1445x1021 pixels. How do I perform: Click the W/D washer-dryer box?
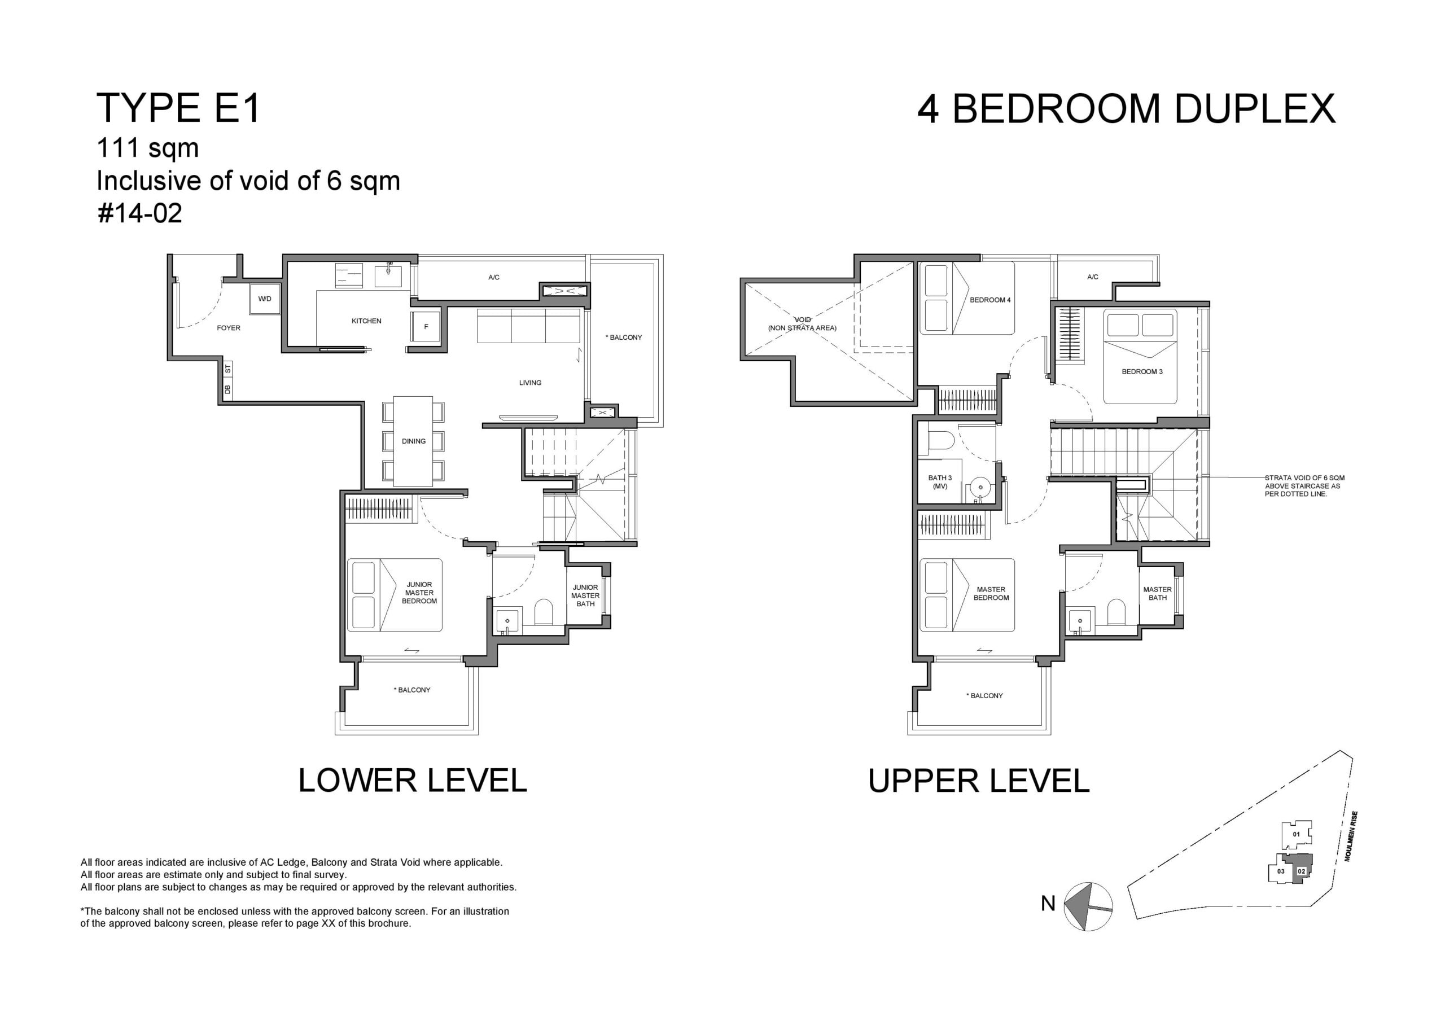click(264, 299)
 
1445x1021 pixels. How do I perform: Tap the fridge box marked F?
click(426, 327)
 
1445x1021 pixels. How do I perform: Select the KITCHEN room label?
click(366, 321)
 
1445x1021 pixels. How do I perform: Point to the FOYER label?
click(229, 328)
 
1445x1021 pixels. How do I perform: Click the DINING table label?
click(414, 441)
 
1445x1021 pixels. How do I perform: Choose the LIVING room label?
click(530, 383)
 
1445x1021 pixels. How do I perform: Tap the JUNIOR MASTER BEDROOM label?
click(419, 593)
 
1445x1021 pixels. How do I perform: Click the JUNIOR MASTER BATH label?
click(585, 595)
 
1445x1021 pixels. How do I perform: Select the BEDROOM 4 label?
click(990, 300)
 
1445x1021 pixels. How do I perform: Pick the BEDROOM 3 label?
click(1142, 371)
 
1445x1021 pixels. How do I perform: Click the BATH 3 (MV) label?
click(940, 482)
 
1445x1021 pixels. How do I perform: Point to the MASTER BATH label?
click(1157, 594)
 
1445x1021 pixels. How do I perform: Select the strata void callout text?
click(1304, 486)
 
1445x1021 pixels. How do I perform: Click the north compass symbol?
click(1088, 907)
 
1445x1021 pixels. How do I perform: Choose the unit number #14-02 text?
click(140, 213)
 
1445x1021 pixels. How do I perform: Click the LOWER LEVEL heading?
click(412, 781)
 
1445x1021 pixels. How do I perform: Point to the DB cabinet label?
click(228, 389)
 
